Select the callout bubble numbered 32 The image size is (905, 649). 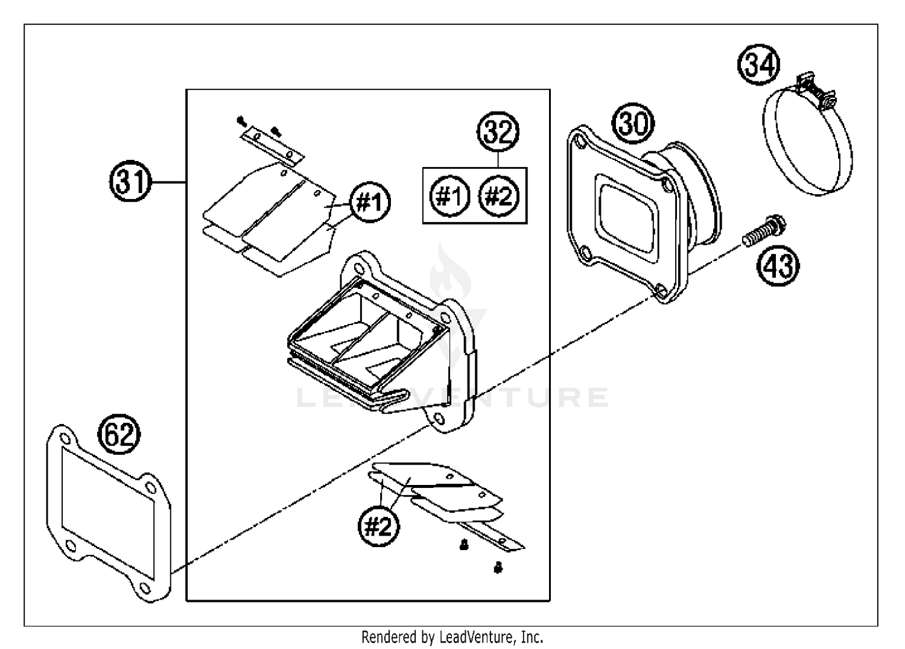[498, 132]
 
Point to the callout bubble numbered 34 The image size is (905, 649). [759, 65]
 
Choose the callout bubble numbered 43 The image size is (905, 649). [778, 265]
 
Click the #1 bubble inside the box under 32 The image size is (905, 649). [449, 196]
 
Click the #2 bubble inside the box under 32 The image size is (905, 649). [498, 196]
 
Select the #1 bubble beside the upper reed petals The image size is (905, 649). [370, 202]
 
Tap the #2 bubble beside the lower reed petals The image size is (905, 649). [378, 527]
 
